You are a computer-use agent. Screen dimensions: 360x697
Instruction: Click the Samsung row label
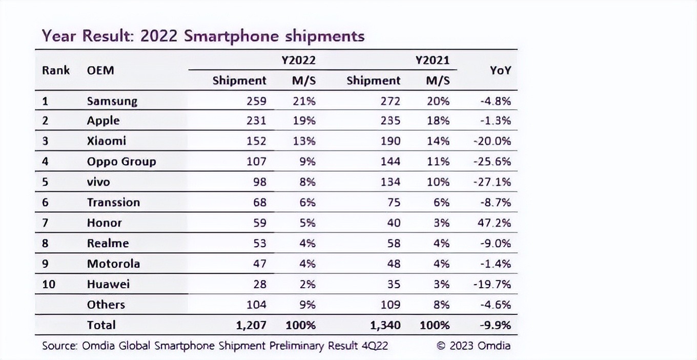(x=112, y=101)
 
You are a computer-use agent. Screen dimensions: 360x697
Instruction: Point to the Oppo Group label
(x=121, y=162)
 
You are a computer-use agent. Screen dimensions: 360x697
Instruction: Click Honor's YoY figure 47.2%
(x=495, y=223)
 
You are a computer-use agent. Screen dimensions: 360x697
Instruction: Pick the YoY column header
(x=500, y=71)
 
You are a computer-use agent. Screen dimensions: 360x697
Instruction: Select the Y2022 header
(x=298, y=61)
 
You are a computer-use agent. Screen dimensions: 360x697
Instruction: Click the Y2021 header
(x=432, y=61)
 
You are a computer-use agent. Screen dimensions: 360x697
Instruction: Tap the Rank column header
(x=56, y=70)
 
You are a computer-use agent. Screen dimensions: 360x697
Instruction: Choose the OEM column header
(x=100, y=70)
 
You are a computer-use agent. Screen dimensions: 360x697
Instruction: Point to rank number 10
(x=48, y=284)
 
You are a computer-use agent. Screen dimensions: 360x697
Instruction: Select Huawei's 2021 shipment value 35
(x=393, y=284)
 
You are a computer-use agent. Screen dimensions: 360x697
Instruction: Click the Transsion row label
(x=113, y=203)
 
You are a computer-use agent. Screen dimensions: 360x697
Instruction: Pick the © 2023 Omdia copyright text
(x=474, y=346)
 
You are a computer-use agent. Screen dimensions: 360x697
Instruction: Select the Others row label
(x=106, y=305)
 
